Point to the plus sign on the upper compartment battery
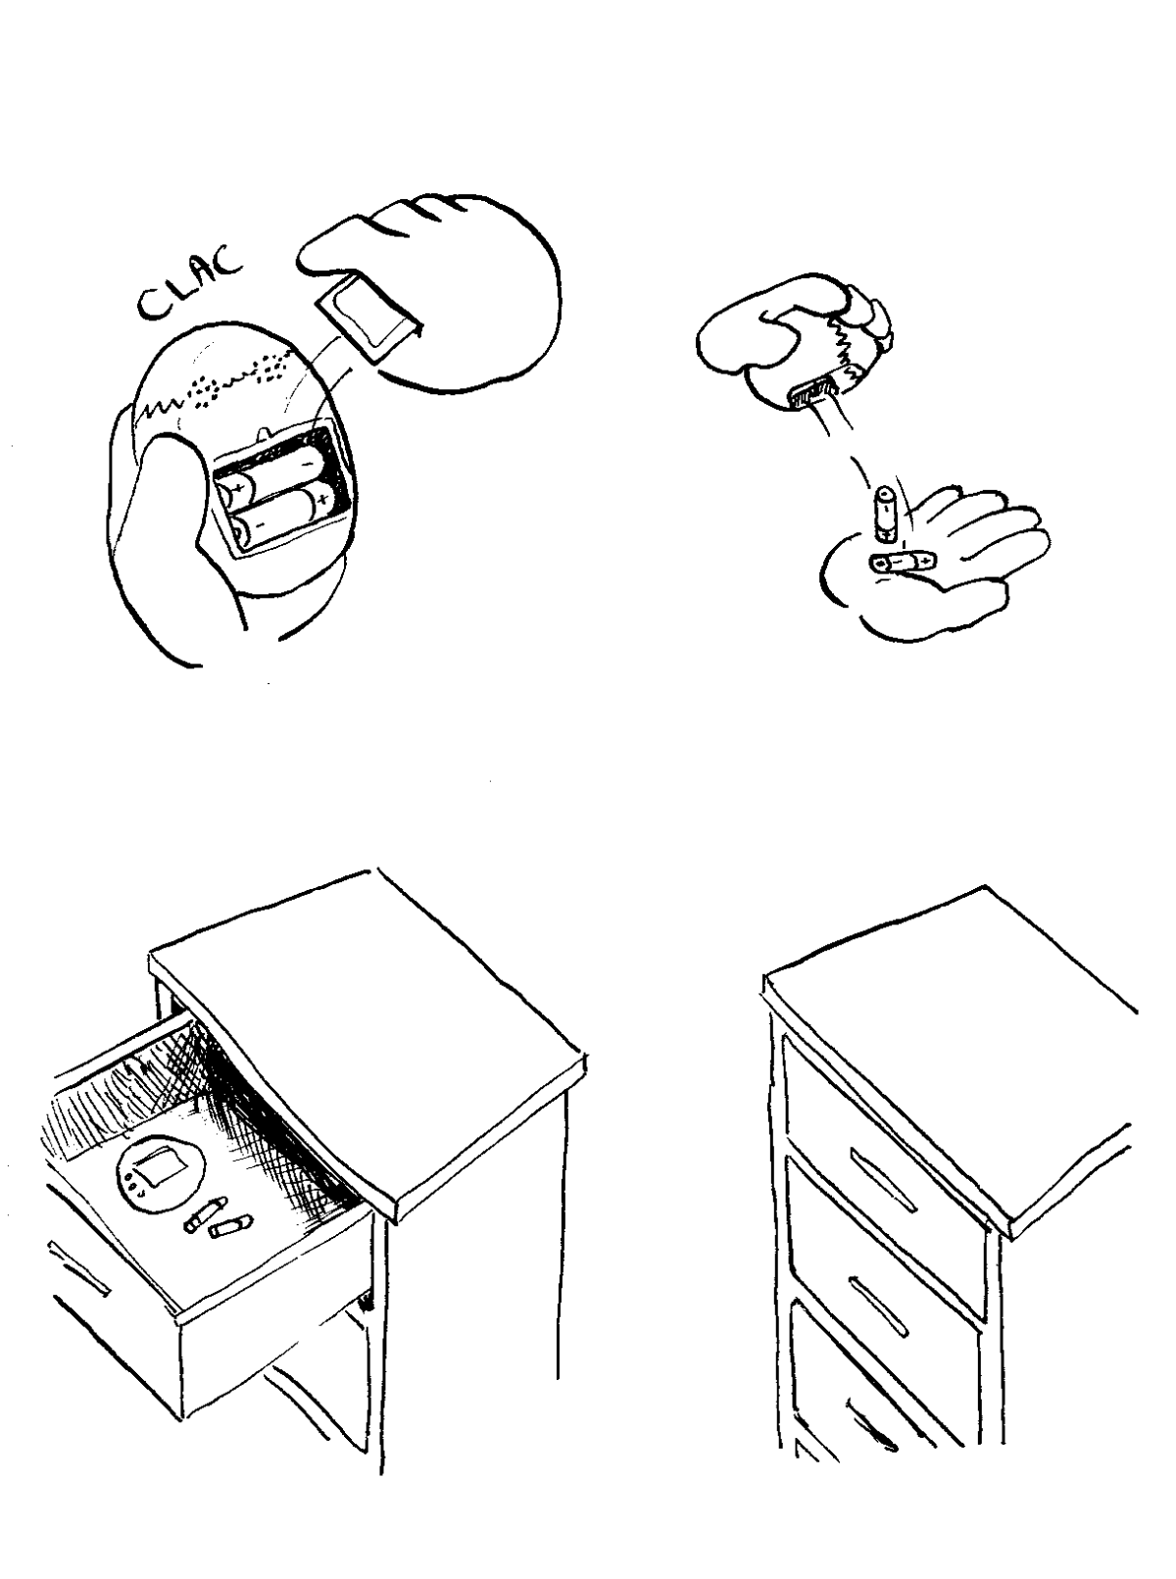click(238, 488)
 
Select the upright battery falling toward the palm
click(884, 514)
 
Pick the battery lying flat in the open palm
click(902, 563)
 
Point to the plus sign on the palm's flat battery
click(924, 563)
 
